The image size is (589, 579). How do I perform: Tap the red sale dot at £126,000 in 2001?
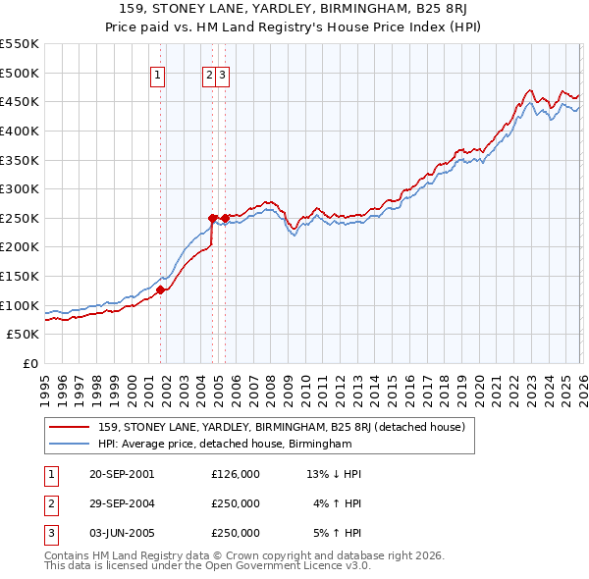click(161, 289)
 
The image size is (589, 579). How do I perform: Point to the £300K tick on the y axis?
click(20, 188)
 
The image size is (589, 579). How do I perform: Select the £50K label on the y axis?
click(23, 335)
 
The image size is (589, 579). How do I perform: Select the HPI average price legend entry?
click(225, 445)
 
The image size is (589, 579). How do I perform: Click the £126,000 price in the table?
click(236, 474)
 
